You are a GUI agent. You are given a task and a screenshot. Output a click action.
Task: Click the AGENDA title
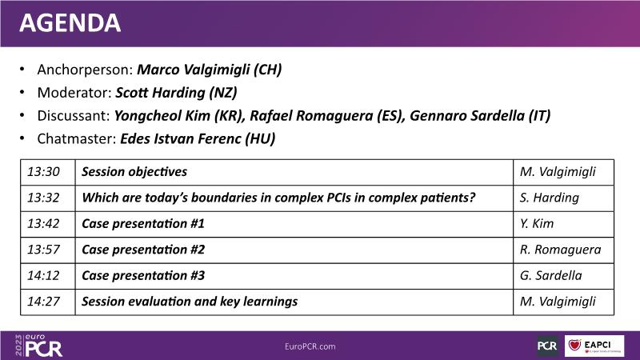tap(70, 23)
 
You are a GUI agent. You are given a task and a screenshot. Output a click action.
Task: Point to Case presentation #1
tap(143, 224)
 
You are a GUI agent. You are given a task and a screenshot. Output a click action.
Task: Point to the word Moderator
tap(74, 93)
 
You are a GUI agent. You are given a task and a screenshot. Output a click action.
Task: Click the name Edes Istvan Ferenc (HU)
tap(198, 138)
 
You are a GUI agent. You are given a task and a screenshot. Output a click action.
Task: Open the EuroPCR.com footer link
tap(310, 346)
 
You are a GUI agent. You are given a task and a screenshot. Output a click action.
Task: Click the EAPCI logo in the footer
tap(594, 346)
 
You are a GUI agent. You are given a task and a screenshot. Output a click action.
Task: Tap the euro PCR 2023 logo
tap(38, 346)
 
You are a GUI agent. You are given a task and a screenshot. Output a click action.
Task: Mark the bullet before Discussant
tap(22, 116)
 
